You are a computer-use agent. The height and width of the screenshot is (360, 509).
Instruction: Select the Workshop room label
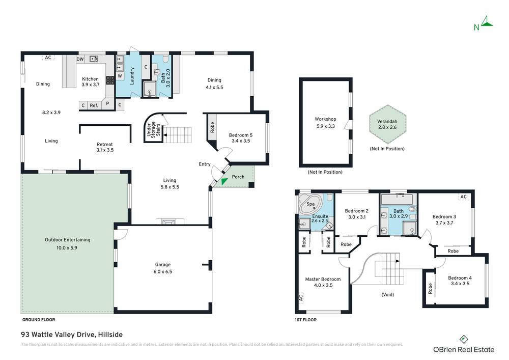pos(325,119)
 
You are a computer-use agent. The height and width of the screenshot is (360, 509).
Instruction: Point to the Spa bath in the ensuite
pos(310,204)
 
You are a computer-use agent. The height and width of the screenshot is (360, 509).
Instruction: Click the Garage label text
pos(163,264)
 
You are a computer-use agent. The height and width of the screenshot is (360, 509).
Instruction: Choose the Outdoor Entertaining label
pos(68,240)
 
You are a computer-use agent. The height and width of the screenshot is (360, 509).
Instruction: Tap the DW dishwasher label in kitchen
pos(80,60)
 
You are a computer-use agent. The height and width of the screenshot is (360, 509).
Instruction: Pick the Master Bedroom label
pos(323,279)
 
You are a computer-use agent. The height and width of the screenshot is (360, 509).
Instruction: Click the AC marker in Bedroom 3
pos(463,197)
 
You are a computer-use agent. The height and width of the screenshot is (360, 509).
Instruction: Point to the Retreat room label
pos(104,144)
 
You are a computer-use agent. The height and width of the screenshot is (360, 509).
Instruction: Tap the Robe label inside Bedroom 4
pos(431,289)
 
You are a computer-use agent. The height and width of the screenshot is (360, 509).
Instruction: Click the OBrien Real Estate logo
pos(463,344)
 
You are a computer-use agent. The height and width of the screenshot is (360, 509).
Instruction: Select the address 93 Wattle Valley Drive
pos(71,335)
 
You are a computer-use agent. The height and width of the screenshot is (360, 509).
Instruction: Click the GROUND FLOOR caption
pos(38,320)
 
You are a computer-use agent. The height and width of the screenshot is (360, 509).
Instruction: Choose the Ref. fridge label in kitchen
pos(94,105)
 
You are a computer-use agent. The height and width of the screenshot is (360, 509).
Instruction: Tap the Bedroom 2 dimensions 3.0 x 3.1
pos(356,217)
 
